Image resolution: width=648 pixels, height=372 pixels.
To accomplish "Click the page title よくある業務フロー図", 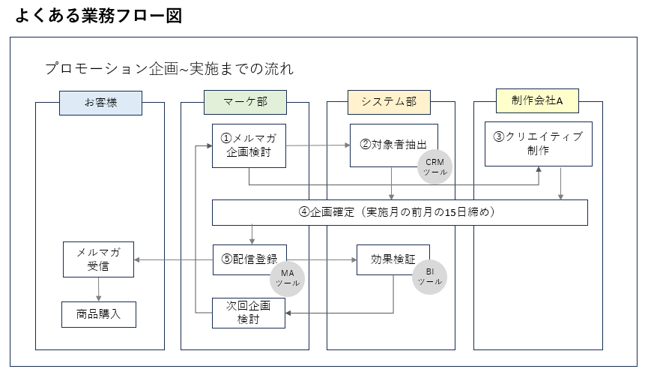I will pyautogui.click(x=98, y=16).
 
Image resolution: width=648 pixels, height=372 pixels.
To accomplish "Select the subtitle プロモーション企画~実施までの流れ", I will pyautogui.click(x=169, y=68).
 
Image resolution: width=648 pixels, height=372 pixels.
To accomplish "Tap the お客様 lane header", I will pyautogui.click(x=100, y=103).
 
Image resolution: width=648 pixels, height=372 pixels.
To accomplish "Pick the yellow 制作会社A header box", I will pyautogui.click(x=537, y=100).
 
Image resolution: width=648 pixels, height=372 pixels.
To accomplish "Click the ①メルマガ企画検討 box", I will pyautogui.click(x=249, y=145).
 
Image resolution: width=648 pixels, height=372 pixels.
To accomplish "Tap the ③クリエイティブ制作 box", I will pyautogui.click(x=538, y=143).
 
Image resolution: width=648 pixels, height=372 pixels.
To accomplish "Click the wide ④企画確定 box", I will pyautogui.click(x=399, y=212).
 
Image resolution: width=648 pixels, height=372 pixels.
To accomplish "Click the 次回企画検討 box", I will pyautogui.click(x=249, y=313).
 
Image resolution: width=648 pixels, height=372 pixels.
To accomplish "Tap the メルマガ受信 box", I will pyautogui.click(x=98, y=259).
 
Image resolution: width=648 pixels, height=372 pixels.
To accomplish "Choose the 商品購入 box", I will pyautogui.click(x=98, y=314).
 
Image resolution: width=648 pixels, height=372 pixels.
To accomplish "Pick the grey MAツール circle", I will pyautogui.click(x=286, y=278).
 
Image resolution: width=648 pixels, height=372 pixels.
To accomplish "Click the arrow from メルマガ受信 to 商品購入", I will pyautogui.click(x=98, y=289).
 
